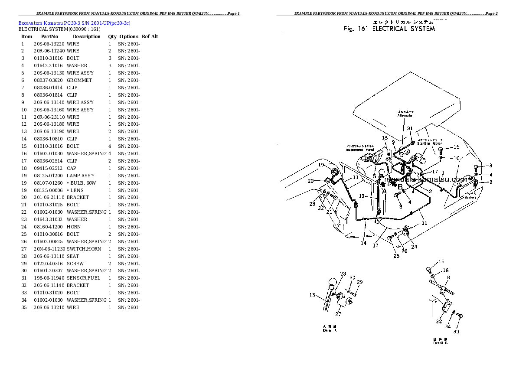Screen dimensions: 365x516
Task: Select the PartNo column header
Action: click(49, 37)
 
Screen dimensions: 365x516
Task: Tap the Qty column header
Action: click(112, 37)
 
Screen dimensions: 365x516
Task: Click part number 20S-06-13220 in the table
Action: click(49, 44)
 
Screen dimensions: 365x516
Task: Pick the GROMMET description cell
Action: click(79, 80)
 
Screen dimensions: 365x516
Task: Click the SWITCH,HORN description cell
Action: click(84, 249)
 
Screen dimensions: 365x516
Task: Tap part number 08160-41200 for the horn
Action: click(49, 227)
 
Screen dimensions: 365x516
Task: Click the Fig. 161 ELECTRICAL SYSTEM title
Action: click(389, 29)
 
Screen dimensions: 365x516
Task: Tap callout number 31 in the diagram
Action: click(409, 128)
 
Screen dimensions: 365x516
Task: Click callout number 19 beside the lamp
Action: click(321, 165)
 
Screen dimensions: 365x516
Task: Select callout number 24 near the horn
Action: click(414, 247)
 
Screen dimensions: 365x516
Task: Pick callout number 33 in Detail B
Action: click(456, 332)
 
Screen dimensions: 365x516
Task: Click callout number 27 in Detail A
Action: click(338, 314)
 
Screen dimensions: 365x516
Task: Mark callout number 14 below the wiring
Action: click(363, 243)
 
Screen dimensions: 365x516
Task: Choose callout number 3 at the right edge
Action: click(490, 166)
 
